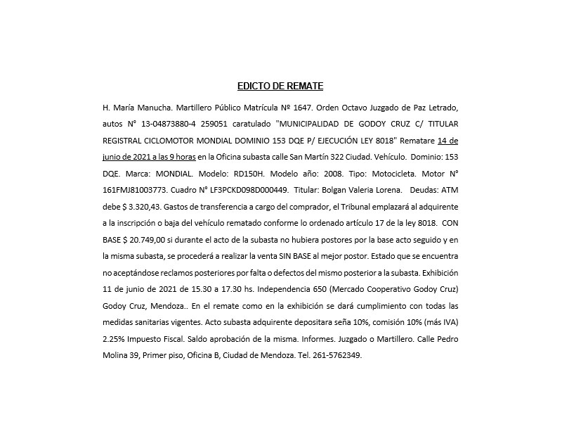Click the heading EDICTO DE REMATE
280,87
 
